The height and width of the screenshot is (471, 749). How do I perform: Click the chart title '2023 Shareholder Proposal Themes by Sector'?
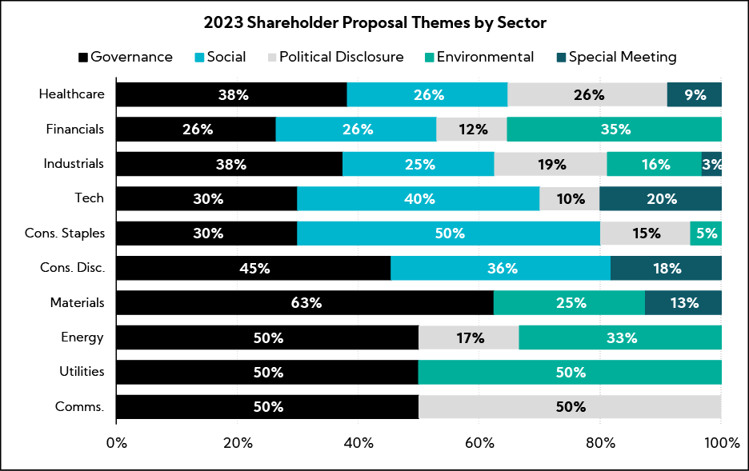[374, 22]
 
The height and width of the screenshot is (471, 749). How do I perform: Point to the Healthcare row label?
[71, 94]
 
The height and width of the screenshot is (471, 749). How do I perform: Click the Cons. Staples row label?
[66, 234]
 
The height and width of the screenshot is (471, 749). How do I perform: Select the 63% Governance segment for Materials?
[305, 303]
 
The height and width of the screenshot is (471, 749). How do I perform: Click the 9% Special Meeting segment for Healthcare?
[695, 94]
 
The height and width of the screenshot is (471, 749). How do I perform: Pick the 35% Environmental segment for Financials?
[614, 129]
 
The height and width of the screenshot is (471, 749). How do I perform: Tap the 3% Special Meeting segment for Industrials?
[711, 164]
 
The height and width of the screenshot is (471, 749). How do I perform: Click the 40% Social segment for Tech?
[418, 198]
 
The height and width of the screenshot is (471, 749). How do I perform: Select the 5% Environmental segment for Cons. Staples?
[706, 234]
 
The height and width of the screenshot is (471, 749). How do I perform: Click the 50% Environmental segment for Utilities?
[570, 372]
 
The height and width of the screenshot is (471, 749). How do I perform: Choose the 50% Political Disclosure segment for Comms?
[570, 406]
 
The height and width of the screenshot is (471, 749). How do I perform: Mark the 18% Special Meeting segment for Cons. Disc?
[666, 268]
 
